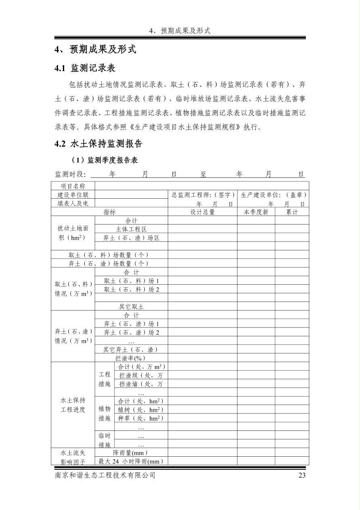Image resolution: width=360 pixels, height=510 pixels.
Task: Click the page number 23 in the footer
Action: tap(302, 475)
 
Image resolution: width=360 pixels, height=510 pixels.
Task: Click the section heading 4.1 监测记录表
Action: tap(85, 68)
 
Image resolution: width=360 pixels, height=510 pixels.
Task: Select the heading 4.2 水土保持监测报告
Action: tap(98, 144)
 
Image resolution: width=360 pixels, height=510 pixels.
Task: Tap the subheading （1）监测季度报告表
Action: tap(105, 160)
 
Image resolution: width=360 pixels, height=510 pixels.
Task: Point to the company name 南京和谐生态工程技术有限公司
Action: tap(105, 475)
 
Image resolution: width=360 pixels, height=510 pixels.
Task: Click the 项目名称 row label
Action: tap(73, 186)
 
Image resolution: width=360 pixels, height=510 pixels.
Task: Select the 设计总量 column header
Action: tap(202, 212)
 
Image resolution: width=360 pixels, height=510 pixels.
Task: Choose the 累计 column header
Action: tap(292, 212)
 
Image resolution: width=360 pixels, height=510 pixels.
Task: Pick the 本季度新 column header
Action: tap(256, 212)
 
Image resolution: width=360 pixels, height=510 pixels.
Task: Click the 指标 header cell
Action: tap(109, 212)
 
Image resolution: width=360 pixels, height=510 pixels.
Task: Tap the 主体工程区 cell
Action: tap(131, 229)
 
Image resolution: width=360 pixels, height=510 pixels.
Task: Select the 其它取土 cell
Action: tap(131, 306)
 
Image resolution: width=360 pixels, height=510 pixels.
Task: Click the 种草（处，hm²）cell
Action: tap(140, 418)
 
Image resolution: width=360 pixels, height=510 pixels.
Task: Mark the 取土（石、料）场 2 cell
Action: tap(131, 289)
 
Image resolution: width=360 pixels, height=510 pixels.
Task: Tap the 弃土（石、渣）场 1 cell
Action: tap(131, 324)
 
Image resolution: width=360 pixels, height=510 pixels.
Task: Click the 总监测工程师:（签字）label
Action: tap(203, 195)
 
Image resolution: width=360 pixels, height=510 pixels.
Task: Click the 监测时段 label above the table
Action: tap(70, 174)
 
